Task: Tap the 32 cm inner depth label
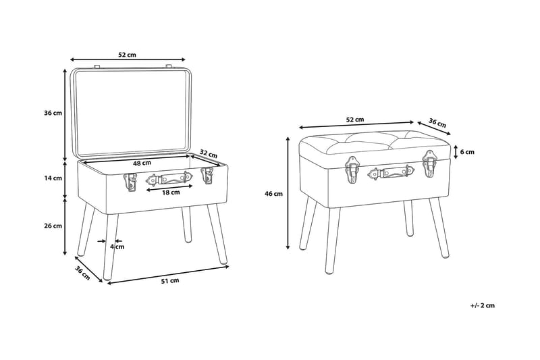pos(209,153)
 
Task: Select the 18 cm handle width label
pos(171,192)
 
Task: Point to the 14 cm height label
pos(53,178)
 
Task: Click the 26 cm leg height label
pos(53,226)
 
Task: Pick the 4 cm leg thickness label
pos(117,247)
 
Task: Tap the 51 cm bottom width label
pos(170,280)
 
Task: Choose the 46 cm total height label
pos(273,194)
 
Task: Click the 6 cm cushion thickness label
pos(467,152)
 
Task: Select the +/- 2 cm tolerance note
pos(482,305)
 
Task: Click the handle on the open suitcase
pos(169,179)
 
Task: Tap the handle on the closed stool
pos(391,172)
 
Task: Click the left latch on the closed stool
pos(352,170)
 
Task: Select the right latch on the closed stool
pos(429,163)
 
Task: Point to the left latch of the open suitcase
pos(130,182)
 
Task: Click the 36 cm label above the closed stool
pos(437,123)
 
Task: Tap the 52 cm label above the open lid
pos(127,55)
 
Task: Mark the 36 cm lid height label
pos(53,113)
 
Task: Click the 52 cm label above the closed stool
pos(355,120)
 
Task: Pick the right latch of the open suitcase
pos(207,176)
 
